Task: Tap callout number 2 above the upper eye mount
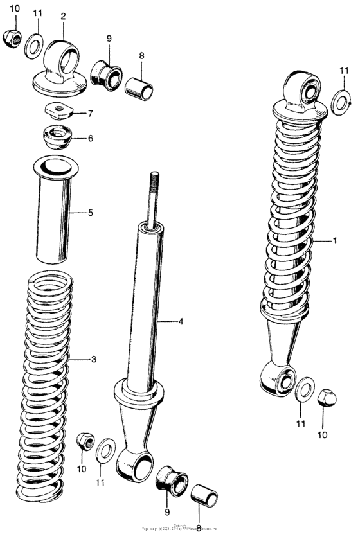point(63,15)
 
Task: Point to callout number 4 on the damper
point(181,321)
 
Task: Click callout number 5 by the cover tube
point(90,212)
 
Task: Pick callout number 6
point(90,138)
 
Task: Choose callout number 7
point(90,113)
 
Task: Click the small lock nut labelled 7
point(59,111)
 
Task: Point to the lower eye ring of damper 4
point(137,464)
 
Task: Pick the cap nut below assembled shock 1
point(328,400)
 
